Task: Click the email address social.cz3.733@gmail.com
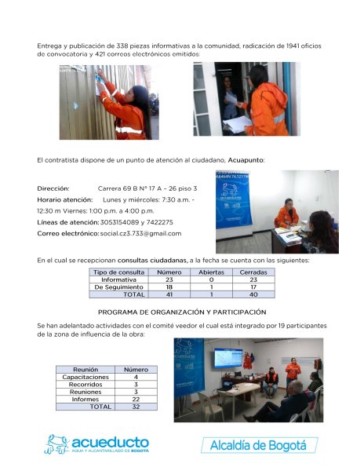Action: [x=140, y=233]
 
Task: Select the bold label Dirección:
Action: [x=53, y=188]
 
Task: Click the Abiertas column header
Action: [x=211, y=272]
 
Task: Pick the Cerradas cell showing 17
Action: [x=253, y=287]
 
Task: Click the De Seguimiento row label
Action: [x=118, y=287]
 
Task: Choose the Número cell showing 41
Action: [x=169, y=294]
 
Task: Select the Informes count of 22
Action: [x=136, y=400]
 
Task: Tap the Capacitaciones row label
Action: [x=86, y=377]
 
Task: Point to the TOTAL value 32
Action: [x=136, y=407]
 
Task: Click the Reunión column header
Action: [x=86, y=370]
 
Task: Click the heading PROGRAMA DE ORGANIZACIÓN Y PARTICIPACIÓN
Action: [x=182, y=312]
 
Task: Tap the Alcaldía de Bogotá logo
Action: [x=259, y=445]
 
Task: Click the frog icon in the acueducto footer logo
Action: [x=56, y=444]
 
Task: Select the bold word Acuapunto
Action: [x=246, y=160]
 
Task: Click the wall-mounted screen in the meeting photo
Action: [x=228, y=358]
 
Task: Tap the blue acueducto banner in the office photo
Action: [x=233, y=199]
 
